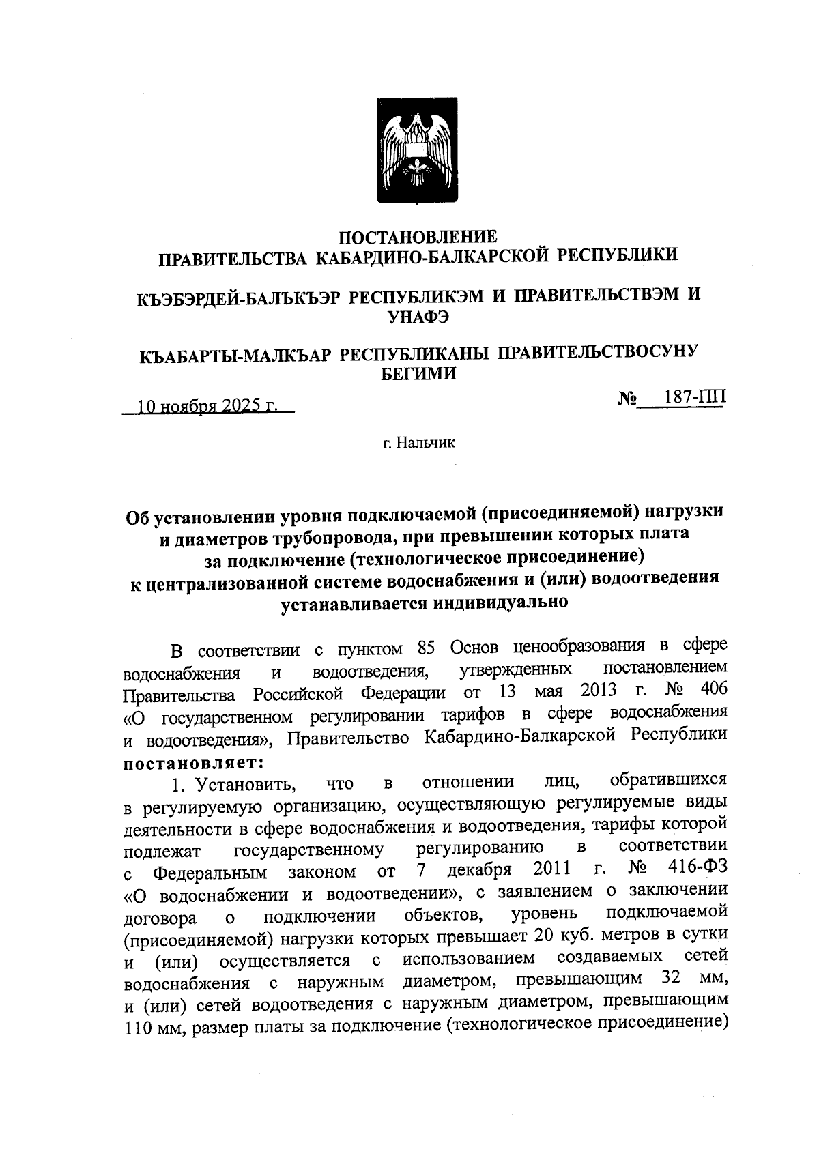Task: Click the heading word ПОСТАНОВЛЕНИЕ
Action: point(418,237)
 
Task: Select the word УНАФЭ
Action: point(418,315)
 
